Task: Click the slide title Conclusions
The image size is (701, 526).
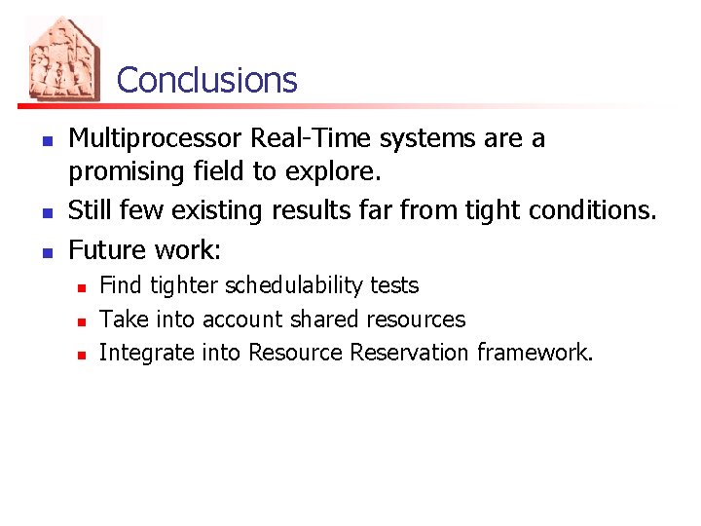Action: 206,80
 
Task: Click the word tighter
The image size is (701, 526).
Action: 184,285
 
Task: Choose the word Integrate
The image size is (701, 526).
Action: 147,353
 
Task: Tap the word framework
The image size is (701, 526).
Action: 535,352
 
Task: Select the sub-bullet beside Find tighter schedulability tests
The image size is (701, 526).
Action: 83,286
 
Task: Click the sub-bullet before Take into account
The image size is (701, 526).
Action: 83,319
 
